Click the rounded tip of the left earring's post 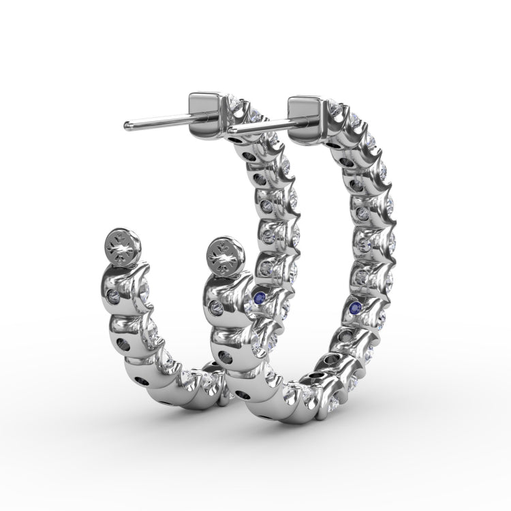click(x=127, y=126)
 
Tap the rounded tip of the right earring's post click(x=232, y=129)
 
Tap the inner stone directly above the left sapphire click(x=266, y=266)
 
